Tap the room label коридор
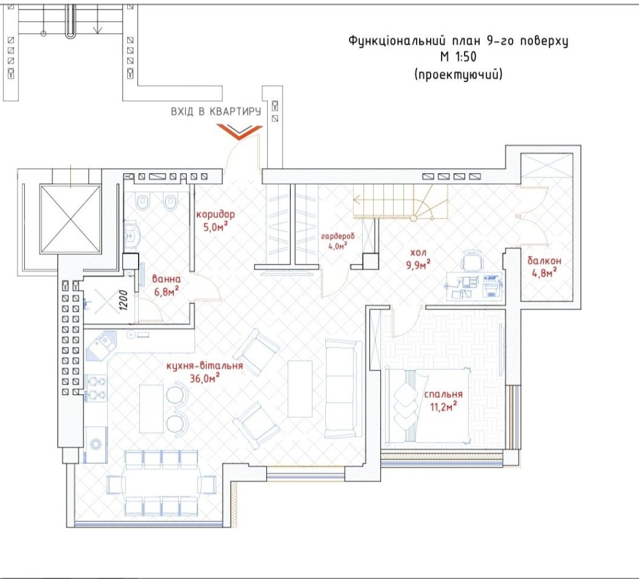coord(215,214)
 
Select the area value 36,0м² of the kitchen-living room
coord(205,378)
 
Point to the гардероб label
coord(337,236)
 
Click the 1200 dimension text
coord(125,300)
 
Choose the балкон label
coord(544,260)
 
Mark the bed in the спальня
coord(427,406)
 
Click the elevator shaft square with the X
coord(70,219)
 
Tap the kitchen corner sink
coord(101,345)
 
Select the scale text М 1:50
coord(458,57)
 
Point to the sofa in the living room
coord(344,389)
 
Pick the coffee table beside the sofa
coord(300,389)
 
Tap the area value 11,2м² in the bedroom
coord(443,406)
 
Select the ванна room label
coord(166,279)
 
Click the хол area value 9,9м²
coord(418,265)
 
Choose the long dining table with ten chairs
coord(163,484)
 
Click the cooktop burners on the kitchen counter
coord(96,388)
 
